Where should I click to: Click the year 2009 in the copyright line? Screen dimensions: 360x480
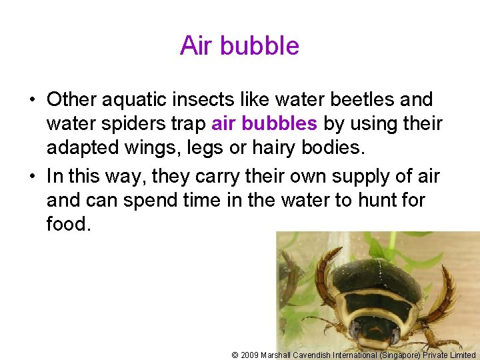point(250,355)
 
